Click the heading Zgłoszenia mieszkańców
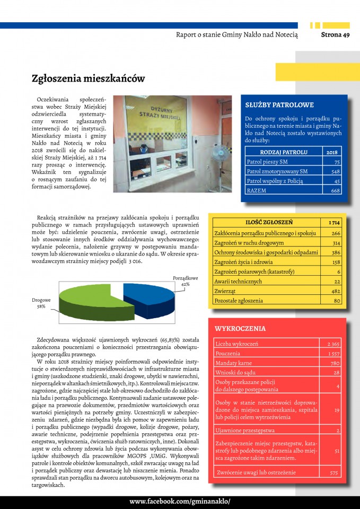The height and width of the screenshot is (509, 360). point(88,79)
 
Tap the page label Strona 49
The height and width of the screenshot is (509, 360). point(335,35)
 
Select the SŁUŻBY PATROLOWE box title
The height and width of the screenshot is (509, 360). point(279,105)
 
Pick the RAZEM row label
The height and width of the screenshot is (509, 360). point(257,190)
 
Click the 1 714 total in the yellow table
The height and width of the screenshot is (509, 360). point(334,223)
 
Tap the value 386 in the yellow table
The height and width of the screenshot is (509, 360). point(336,252)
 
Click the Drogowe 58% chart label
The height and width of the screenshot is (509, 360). point(41,303)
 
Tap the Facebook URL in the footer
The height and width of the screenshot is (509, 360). point(180,502)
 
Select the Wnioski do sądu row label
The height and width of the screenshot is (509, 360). point(233,373)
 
